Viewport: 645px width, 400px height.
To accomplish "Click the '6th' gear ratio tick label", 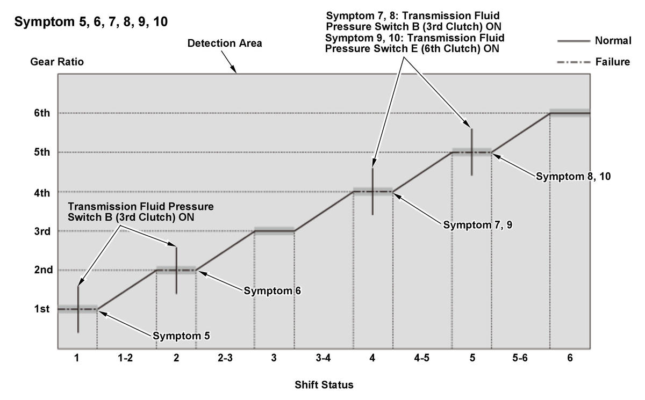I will coord(42,113).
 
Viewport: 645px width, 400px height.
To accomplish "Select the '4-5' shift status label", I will coord(421,359).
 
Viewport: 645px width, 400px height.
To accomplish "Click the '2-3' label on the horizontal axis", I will coord(225,359).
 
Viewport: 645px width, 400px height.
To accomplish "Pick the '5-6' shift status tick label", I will coord(520,359).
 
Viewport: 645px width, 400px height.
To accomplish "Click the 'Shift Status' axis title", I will coord(324,385).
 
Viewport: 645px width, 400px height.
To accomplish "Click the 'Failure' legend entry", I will coord(612,62).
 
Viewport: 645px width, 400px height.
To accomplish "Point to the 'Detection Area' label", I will coord(225,43).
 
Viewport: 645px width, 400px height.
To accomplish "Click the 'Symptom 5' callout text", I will coord(181,336).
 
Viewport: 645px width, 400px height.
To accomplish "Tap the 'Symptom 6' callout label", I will coord(273,291).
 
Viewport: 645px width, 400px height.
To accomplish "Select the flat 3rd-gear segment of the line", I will coord(274,231).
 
